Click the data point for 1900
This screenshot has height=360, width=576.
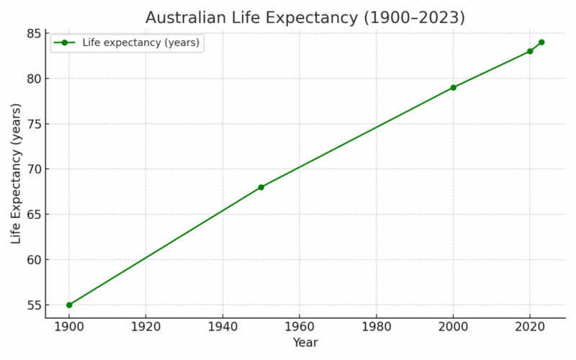coord(69,305)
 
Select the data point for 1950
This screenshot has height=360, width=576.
coord(261,187)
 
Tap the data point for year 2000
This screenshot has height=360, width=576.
coord(454,88)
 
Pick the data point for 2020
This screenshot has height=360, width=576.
coord(530,51)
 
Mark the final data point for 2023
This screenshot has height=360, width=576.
coord(541,42)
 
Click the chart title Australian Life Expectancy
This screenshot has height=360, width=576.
coord(295,17)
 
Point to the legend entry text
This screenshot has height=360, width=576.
coord(140,43)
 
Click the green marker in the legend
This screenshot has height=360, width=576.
coord(64,43)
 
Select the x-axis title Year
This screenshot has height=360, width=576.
coord(305,343)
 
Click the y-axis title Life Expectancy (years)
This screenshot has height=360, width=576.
coord(17,174)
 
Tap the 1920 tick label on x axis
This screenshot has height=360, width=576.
coord(146,326)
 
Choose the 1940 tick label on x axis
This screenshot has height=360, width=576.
coord(222,326)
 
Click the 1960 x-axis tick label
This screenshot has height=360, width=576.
coord(300,326)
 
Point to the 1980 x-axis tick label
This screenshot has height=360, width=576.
coord(377,326)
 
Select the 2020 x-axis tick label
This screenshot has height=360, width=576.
coord(530,326)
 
